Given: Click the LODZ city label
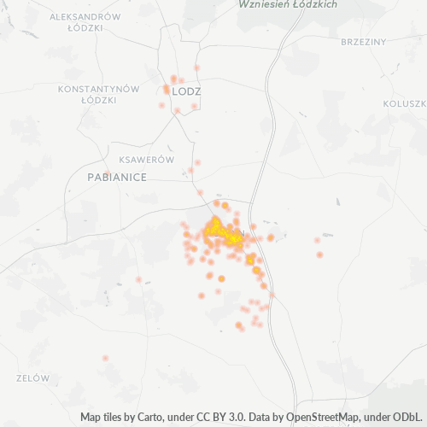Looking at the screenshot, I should click(x=186, y=91).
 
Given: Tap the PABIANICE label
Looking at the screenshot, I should click(x=117, y=177).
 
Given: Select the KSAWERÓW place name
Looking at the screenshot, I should click(x=147, y=160).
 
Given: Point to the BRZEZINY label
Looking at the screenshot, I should click(x=363, y=42).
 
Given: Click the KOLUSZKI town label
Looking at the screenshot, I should click(x=406, y=103).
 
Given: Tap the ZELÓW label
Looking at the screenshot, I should click(x=33, y=377).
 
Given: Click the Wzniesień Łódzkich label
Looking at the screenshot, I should click(x=288, y=4).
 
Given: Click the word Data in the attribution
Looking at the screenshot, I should click(x=264, y=418).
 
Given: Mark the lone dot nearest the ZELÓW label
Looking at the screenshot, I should click(x=106, y=358).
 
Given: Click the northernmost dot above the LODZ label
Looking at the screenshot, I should click(x=197, y=67).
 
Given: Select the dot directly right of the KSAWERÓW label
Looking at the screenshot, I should click(x=197, y=161).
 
